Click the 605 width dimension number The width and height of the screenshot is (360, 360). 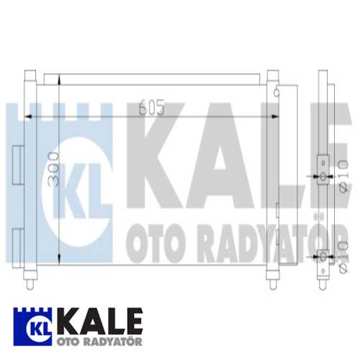pyautogui.click(x=152, y=108)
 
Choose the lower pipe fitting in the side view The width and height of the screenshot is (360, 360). pyautogui.click(x=322, y=257)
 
